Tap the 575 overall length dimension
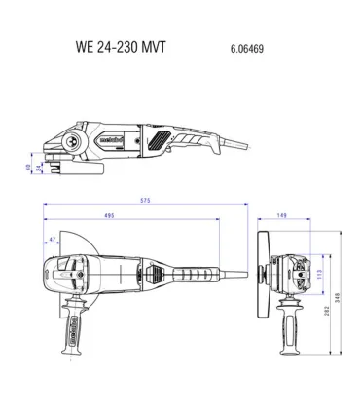point(144,202)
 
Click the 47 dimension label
point(51,237)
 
